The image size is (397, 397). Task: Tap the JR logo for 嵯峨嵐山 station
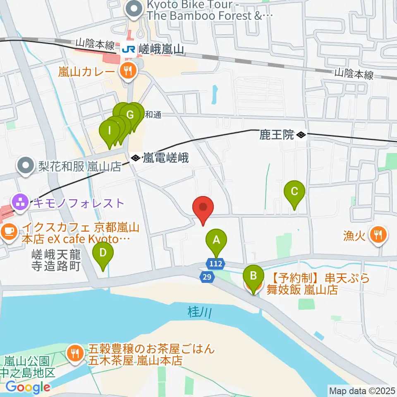click(127, 49)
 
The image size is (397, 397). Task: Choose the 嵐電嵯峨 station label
click(165, 158)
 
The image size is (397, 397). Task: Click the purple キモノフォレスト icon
click(19, 203)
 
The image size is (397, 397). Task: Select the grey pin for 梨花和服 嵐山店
click(26, 166)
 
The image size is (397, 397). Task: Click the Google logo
click(28, 387)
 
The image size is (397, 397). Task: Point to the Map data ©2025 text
click(362, 390)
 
